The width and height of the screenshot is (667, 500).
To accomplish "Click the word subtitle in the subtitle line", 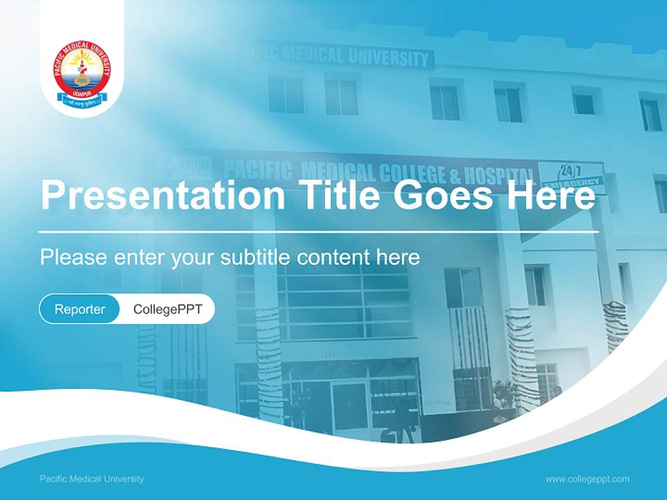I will pos(256,258).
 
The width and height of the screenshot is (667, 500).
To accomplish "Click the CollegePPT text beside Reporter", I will pos(167,310).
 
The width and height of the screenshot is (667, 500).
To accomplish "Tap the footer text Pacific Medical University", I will pos(92,479).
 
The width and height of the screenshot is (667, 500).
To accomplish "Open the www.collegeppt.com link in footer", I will pos(587,479).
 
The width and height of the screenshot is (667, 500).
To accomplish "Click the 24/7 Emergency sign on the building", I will pos(570,174).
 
